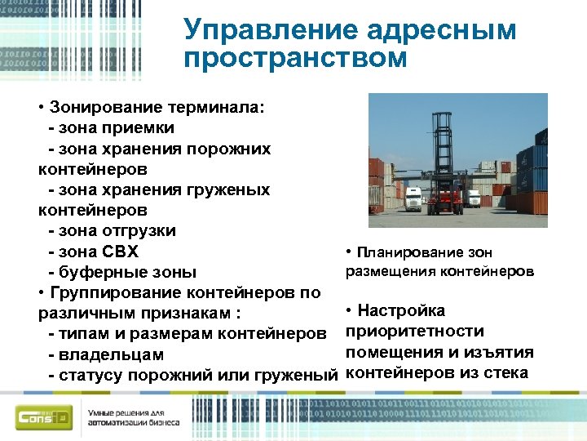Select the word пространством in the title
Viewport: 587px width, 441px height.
click(x=295, y=59)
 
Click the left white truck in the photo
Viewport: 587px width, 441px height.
click(x=414, y=198)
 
